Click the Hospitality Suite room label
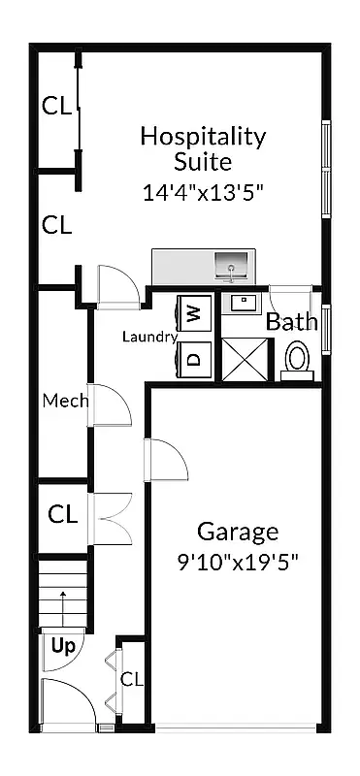(x=202, y=147)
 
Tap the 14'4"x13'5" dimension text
(x=203, y=192)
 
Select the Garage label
(x=238, y=532)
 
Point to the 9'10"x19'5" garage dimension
(x=238, y=563)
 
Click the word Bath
(x=291, y=322)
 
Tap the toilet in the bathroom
(x=298, y=360)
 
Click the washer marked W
(x=194, y=313)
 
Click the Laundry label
(x=148, y=338)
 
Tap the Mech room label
(x=65, y=401)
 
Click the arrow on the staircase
(x=63, y=605)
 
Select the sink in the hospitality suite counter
(x=231, y=264)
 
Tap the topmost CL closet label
(x=56, y=107)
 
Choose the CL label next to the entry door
(x=131, y=679)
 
